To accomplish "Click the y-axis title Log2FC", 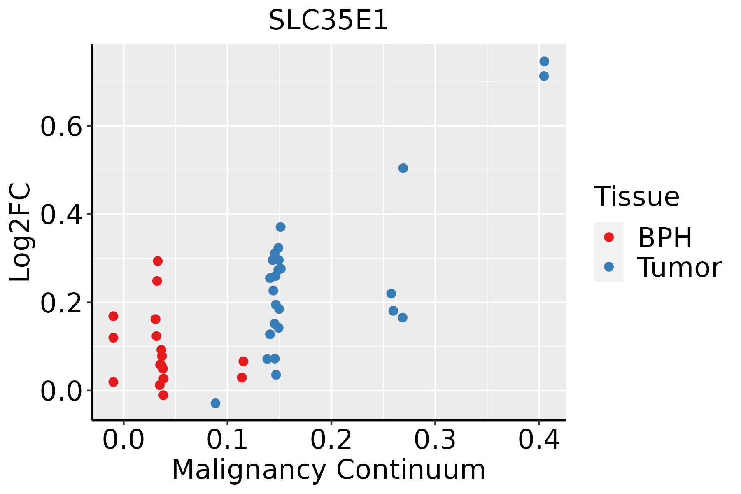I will tap(21, 233).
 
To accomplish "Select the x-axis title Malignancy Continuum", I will tap(329, 470).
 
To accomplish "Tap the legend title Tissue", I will tap(637, 197).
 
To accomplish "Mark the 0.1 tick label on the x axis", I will tap(227, 440).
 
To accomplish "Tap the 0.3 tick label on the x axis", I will tap(435, 440).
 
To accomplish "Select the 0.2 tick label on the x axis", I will tap(331, 440).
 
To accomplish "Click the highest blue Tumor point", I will tap(544, 61).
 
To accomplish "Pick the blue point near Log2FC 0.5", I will tap(403, 168).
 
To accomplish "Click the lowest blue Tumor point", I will tap(215, 403).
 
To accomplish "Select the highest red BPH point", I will tap(158, 261).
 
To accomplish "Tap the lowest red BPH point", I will tap(163, 395).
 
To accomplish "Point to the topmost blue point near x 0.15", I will tap(281, 227).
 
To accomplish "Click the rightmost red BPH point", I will tap(243, 361).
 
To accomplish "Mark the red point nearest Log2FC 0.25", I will tap(157, 281).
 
